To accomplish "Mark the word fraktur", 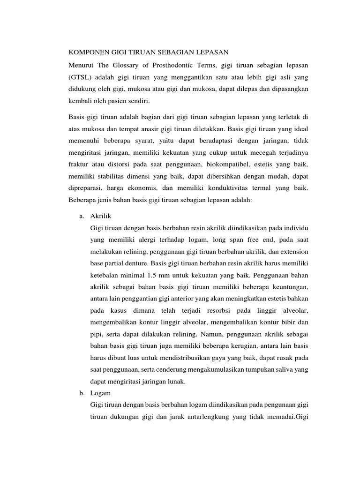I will [78, 165].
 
